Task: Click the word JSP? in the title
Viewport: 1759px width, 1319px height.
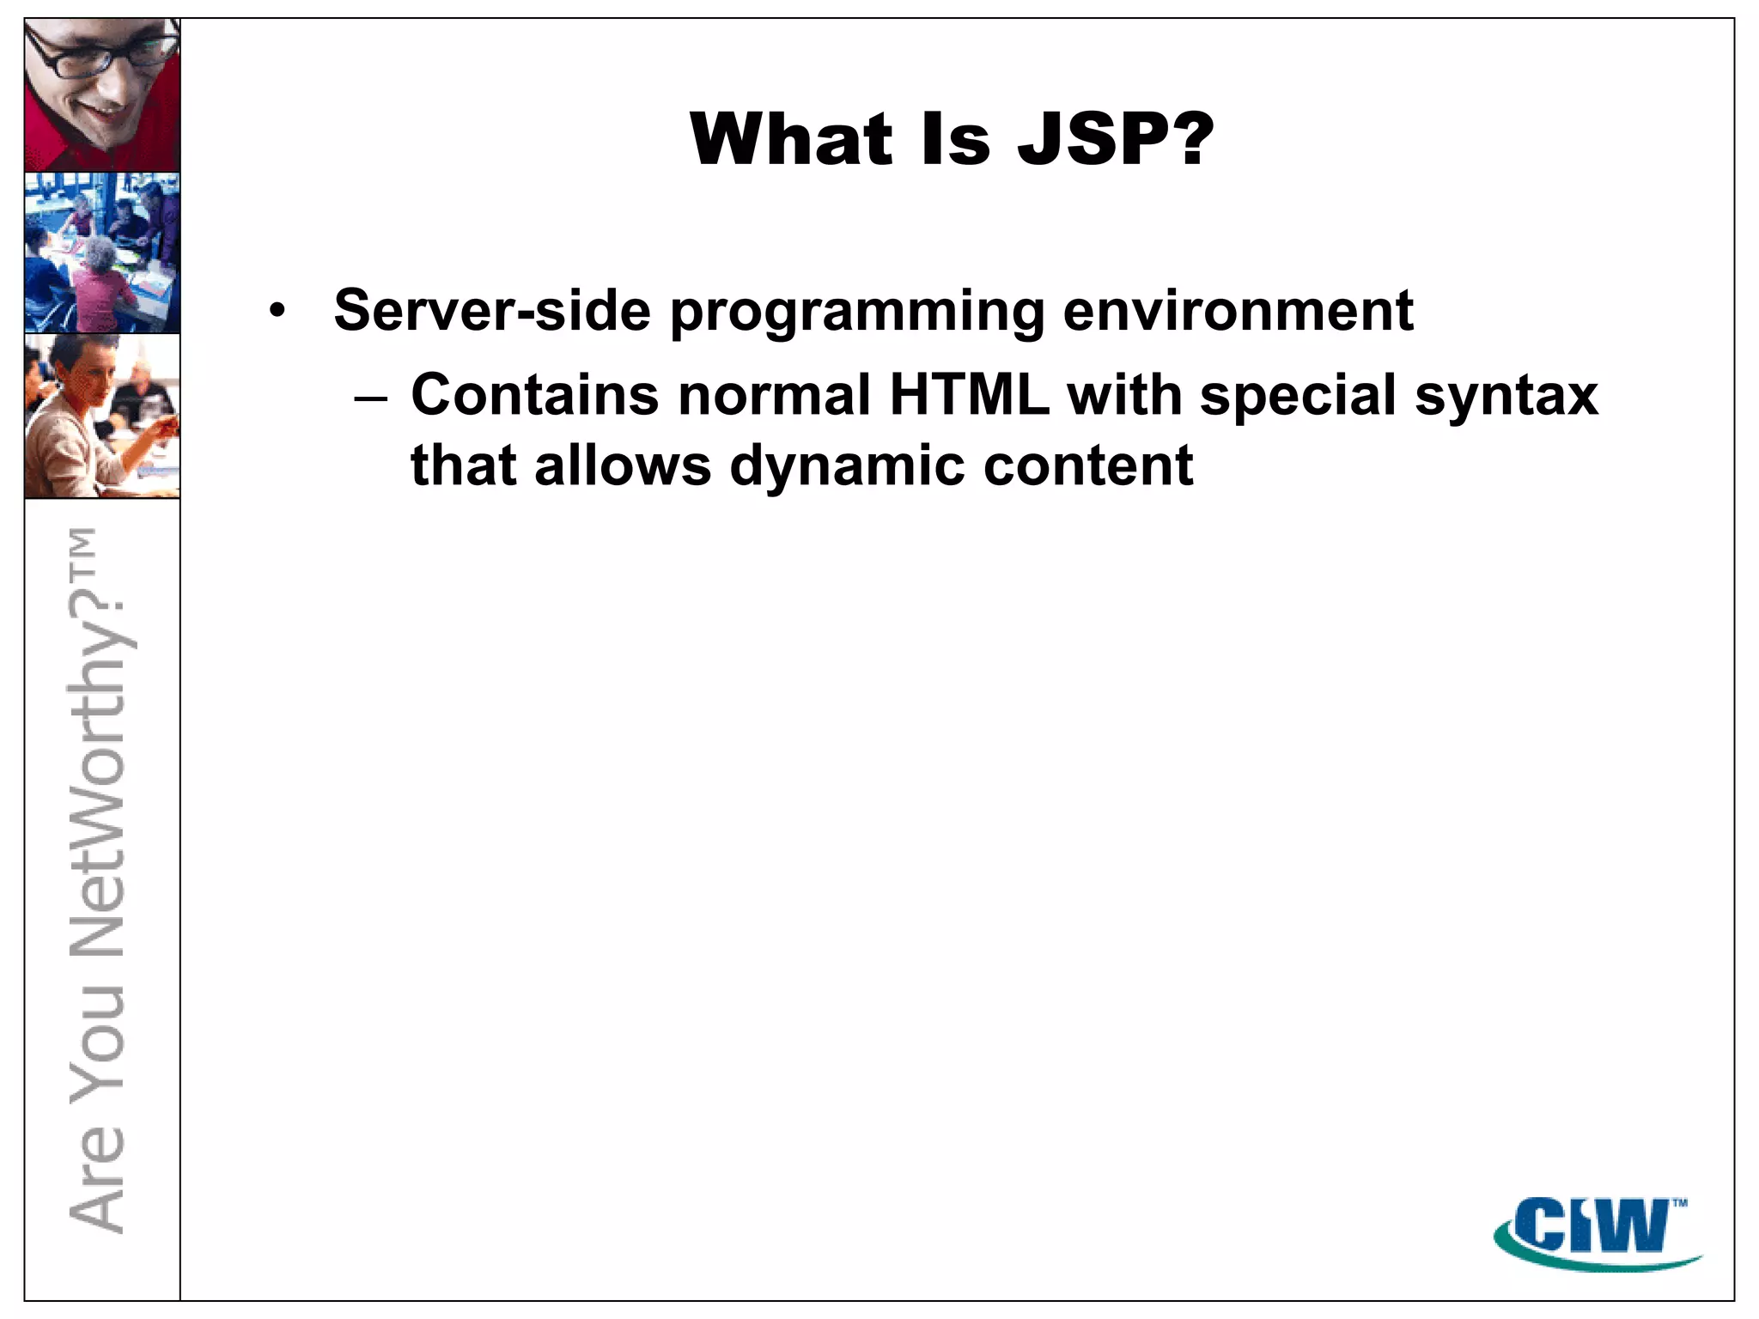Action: tap(1115, 139)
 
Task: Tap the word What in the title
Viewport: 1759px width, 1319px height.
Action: tap(790, 139)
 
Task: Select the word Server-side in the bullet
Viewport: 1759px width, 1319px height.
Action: tap(491, 310)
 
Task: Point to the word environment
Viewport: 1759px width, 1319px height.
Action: tap(1237, 310)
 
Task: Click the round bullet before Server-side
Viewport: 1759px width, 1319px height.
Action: tap(276, 311)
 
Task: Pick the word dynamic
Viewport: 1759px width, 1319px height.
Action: tap(846, 467)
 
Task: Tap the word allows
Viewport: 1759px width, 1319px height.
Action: tap(622, 465)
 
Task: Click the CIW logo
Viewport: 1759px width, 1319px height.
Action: tap(1596, 1231)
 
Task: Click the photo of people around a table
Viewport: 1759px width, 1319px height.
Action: tap(102, 252)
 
